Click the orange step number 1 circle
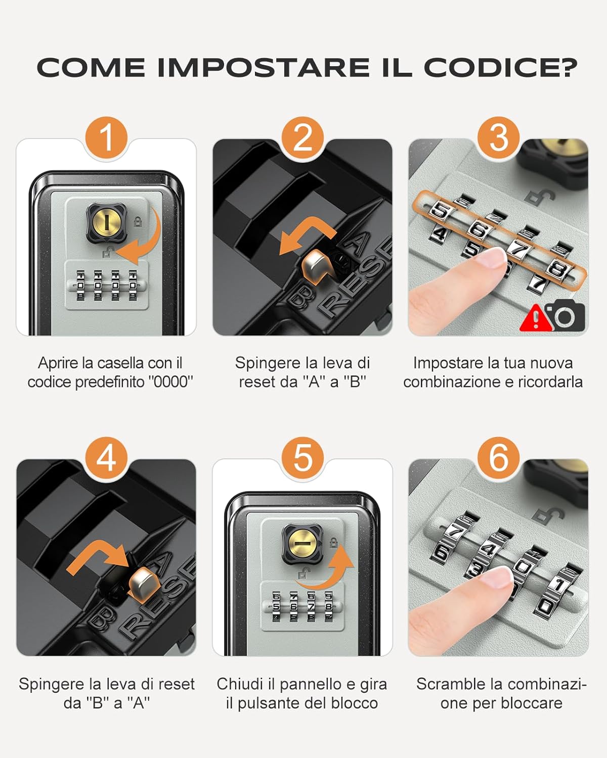[x=106, y=138]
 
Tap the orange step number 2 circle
[x=302, y=138]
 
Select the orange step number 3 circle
[x=498, y=138]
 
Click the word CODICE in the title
[x=500, y=67]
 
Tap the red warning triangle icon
[x=536, y=318]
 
